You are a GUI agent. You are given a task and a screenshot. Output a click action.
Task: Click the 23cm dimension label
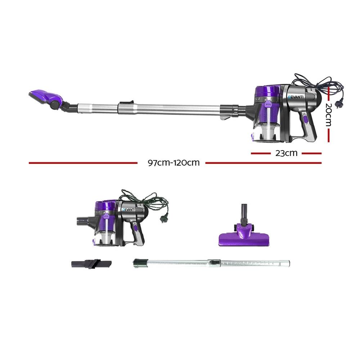click(286, 153)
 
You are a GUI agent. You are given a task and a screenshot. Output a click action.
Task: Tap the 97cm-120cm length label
click(174, 162)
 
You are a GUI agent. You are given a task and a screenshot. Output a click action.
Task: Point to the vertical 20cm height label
click(328, 115)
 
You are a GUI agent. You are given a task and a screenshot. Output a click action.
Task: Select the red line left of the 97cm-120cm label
click(83, 163)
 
